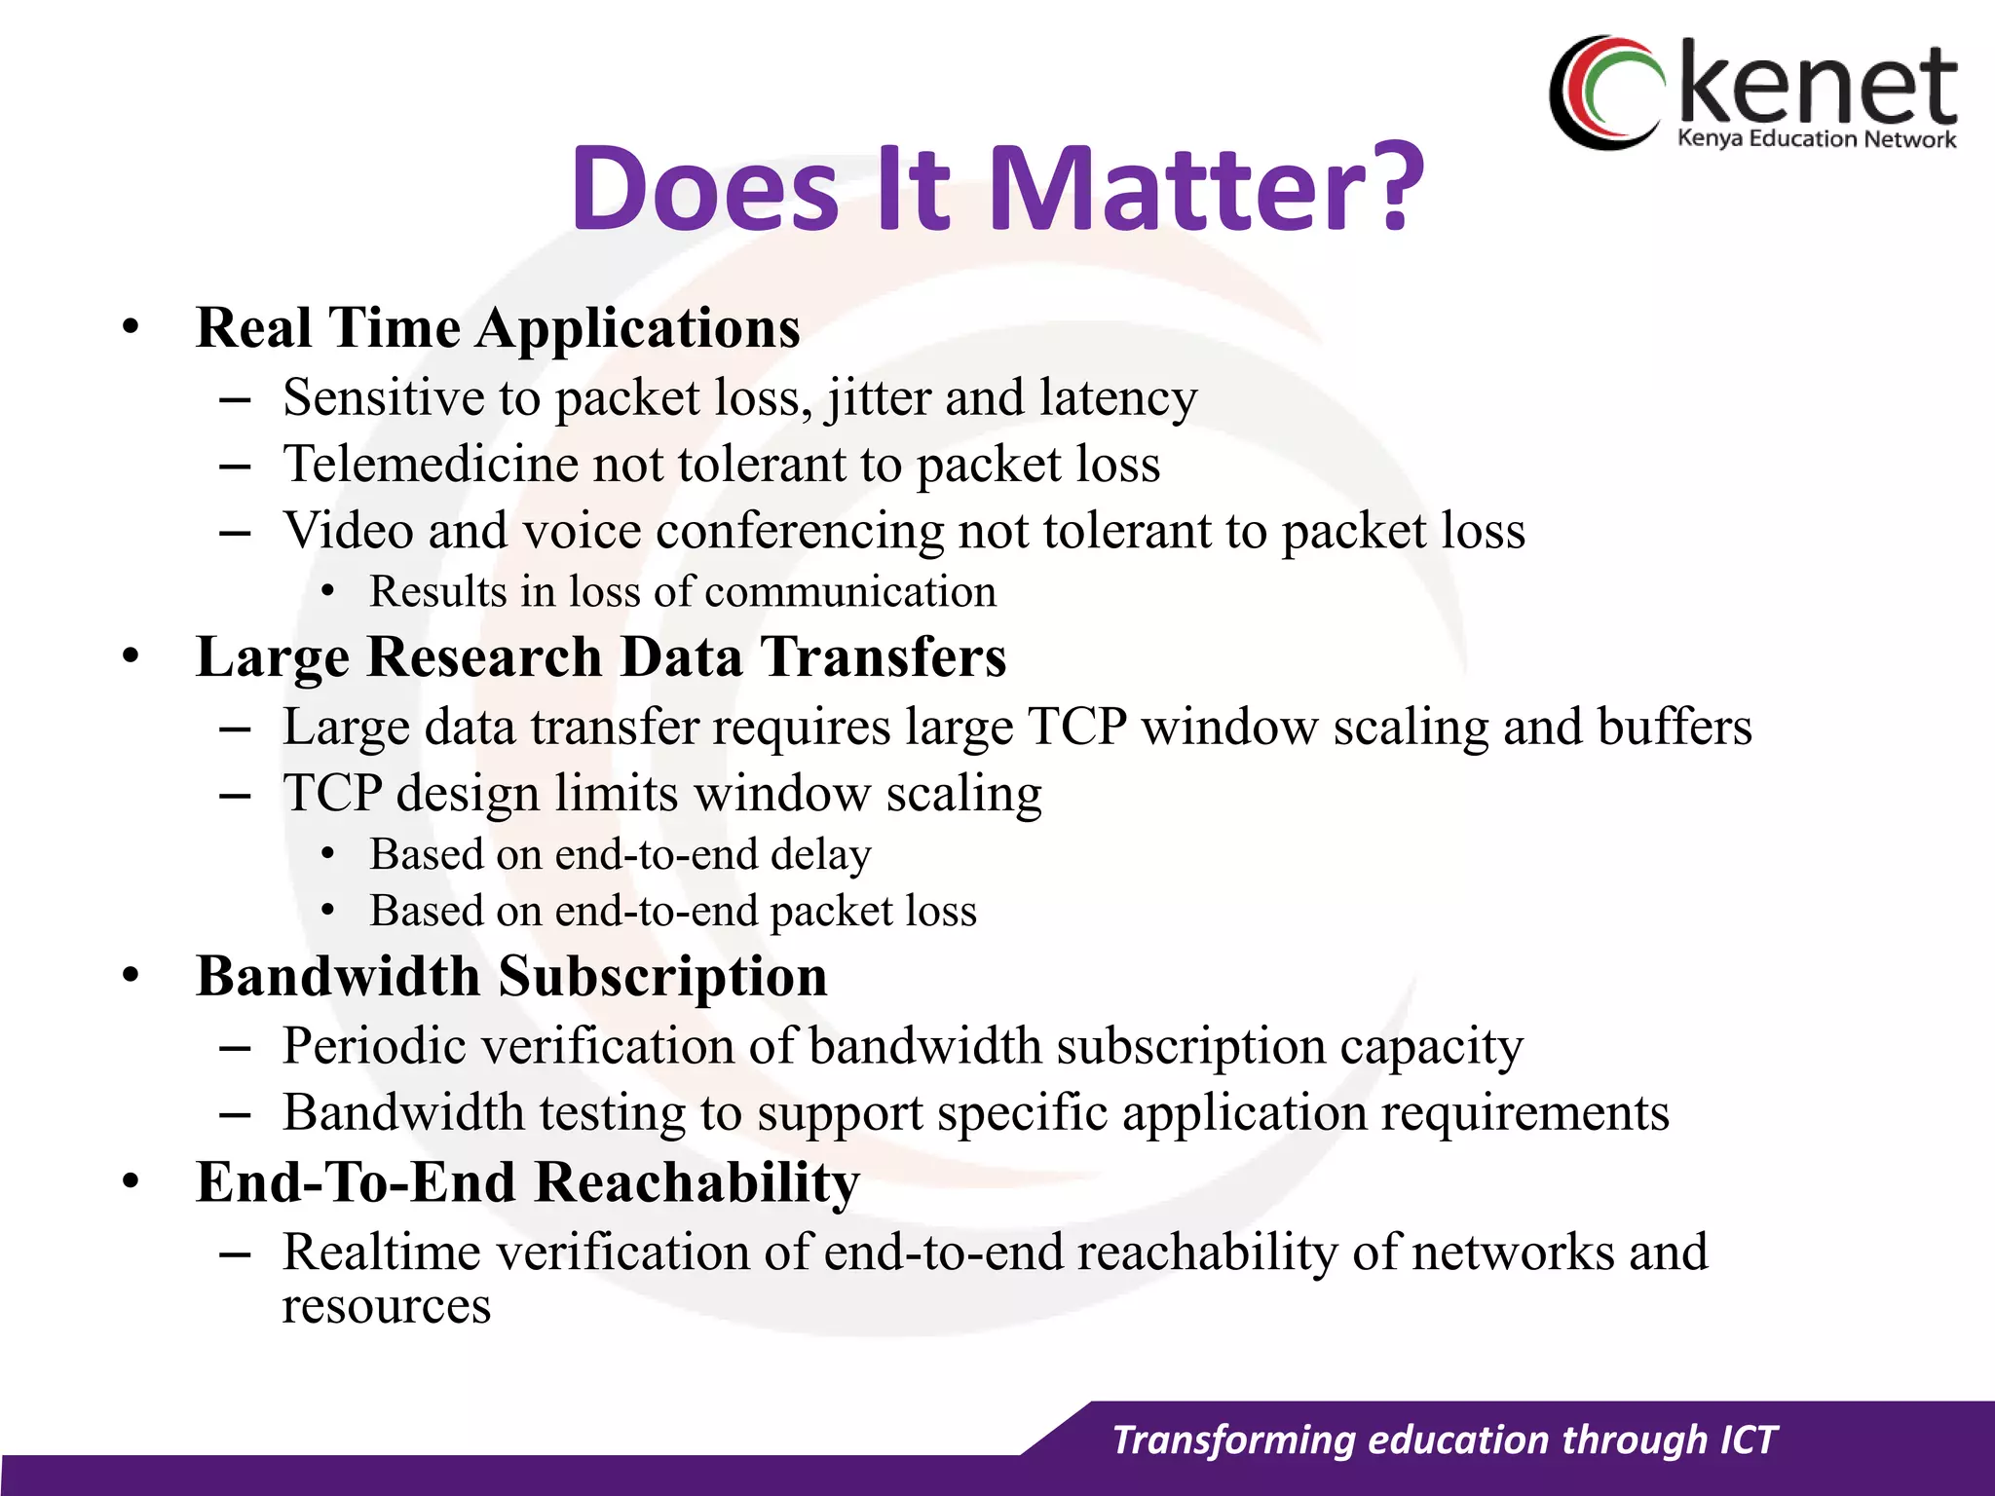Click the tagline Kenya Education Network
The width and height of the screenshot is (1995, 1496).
[1816, 139]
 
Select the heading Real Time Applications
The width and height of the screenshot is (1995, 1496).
[498, 328]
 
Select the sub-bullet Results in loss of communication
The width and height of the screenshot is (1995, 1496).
[682, 592]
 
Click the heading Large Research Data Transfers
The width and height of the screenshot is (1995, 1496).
[600, 657]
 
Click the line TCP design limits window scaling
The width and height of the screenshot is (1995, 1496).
[662, 794]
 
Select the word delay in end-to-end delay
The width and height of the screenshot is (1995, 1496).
[820, 855]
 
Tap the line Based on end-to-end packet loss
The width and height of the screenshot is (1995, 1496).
[672, 912]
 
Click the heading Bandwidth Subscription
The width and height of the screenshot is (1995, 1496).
[511, 977]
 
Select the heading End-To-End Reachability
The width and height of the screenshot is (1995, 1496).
[527, 1183]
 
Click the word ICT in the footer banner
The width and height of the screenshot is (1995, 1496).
[1749, 1440]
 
